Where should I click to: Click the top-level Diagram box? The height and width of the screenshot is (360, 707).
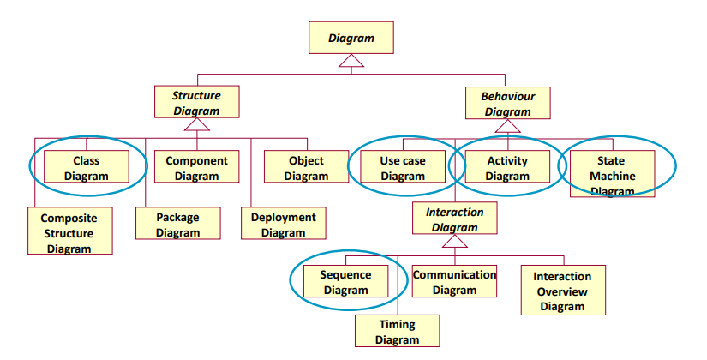pos(351,38)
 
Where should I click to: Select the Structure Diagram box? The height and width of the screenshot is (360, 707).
pos(196,102)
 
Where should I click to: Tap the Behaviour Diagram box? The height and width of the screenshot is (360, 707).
pos(508,103)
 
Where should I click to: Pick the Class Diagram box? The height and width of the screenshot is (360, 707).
pos(87,168)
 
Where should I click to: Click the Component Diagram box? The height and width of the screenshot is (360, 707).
pos(196,168)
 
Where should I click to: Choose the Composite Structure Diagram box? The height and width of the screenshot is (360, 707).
pos(70,231)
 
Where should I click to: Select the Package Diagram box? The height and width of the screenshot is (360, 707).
pos(177,225)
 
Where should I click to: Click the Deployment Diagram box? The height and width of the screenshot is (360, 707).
pos(284,225)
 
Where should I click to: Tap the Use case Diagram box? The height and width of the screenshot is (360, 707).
pos(402,168)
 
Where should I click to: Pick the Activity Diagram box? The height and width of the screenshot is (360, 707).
pos(508,168)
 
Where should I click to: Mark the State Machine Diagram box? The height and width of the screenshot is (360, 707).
pos(613,174)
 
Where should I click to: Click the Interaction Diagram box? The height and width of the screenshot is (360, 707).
pos(455,219)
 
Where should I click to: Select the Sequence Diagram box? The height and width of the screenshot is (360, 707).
pos(345,282)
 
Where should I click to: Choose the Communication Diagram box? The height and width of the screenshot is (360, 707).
pos(454,282)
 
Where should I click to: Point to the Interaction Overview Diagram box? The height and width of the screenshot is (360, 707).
pos(562,290)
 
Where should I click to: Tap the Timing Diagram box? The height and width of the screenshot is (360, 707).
pos(397,331)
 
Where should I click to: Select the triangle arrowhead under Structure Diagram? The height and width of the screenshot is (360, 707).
pos(196,125)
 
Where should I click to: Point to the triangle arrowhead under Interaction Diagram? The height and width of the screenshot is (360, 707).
pos(455,242)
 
